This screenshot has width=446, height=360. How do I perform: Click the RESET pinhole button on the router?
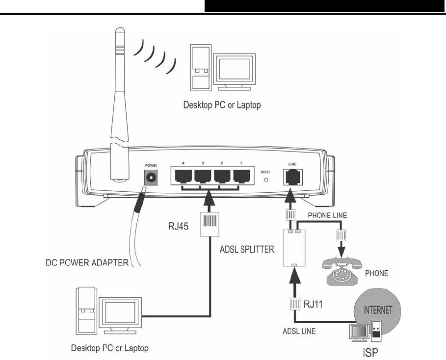tap(266, 180)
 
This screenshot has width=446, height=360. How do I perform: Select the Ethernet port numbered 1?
tap(242, 176)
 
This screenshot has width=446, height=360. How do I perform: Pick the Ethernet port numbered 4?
tap(183, 176)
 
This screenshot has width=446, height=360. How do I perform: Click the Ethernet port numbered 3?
tap(202, 176)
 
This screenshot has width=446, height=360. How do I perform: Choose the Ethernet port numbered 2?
tap(222, 176)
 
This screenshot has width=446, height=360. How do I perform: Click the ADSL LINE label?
tap(299, 331)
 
